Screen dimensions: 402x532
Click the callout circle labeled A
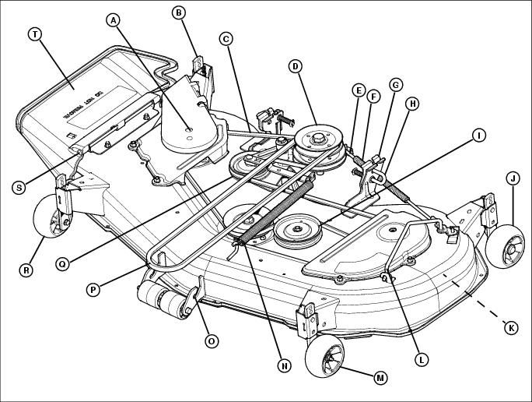click(x=115, y=21)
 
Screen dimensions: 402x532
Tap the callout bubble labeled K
click(x=511, y=328)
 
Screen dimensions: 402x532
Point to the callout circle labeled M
click(x=380, y=378)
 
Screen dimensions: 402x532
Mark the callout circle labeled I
click(x=478, y=136)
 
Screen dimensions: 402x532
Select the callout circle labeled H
click(x=412, y=104)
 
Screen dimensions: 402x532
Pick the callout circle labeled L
click(x=421, y=359)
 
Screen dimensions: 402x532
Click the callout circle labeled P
click(x=93, y=289)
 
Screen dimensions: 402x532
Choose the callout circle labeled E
click(x=358, y=90)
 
